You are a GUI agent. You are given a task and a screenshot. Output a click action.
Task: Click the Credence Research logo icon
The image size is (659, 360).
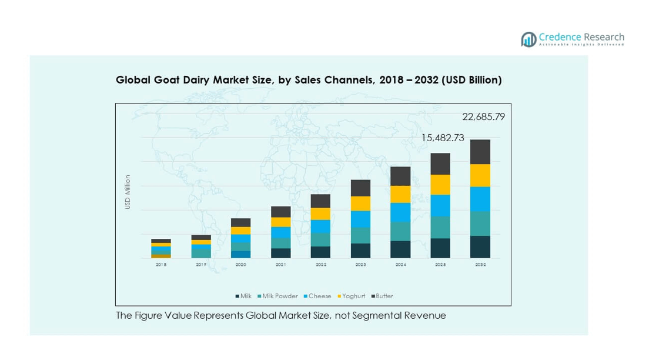tap(528, 39)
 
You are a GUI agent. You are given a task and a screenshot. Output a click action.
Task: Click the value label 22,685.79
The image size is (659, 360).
tap(483, 117)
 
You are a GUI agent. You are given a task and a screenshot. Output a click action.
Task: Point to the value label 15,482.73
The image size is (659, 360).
tap(443, 138)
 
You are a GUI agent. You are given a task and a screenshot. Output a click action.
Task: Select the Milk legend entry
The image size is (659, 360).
tap(243, 296)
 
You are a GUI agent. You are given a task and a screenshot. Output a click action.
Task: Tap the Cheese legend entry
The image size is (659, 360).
tap(317, 296)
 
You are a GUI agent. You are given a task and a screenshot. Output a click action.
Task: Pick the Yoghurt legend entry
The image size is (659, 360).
tap(352, 296)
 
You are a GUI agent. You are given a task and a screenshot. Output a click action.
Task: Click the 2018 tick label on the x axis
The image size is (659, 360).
tap(161, 265)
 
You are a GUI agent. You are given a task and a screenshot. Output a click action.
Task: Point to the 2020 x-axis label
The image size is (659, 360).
tap(240, 265)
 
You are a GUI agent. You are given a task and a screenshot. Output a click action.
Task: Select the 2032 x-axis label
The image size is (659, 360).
tap(480, 265)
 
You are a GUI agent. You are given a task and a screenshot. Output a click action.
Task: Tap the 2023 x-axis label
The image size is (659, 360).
tap(360, 265)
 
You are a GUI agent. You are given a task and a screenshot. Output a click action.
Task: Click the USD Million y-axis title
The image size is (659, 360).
tap(128, 192)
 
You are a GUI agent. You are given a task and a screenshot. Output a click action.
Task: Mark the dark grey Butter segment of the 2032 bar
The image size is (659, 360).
tap(480, 152)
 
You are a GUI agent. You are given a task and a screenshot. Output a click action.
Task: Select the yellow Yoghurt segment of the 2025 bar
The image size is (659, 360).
tap(440, 185)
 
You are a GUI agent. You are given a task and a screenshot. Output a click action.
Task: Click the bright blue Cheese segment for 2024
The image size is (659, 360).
tap(400, 212)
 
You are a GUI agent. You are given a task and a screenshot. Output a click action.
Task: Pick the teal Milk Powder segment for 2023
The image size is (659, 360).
tap(360, 235)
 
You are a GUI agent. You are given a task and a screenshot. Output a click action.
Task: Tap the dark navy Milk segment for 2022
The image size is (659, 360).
tap(320, 252)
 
